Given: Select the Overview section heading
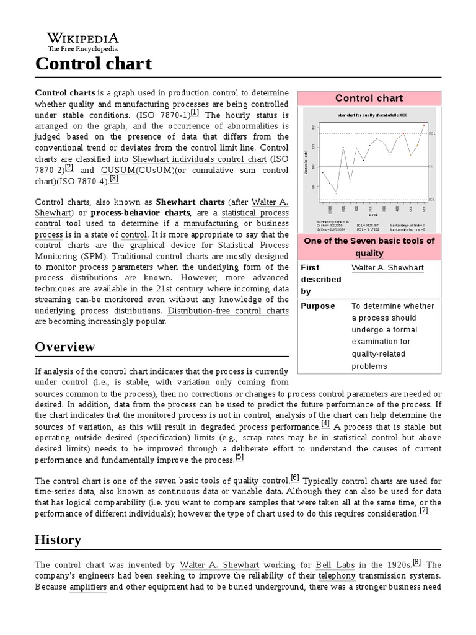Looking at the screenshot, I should [65, 346].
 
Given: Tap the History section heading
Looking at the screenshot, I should [58, 540].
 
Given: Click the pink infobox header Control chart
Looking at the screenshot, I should [369, 98].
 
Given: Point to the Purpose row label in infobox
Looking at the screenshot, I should [317, 306].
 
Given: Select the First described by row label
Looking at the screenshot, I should [320, 279].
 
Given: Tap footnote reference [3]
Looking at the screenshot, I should [113, 179].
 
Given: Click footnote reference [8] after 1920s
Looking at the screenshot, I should [416, 562].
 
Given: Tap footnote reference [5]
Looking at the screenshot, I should [239, 458].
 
